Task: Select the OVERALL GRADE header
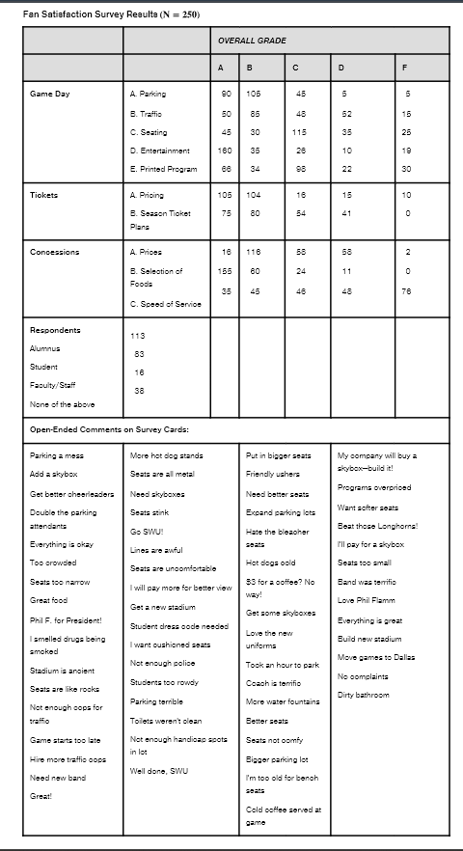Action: point(252,41)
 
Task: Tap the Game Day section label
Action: point(49,94)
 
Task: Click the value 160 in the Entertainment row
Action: point(223,151)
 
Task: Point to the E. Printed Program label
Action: point(163,169)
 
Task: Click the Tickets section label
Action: point(44,195)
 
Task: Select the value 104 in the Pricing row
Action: point(254,195)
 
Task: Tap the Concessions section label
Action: point(54,252)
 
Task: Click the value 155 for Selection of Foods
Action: point(223,271)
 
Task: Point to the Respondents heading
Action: point(55,329)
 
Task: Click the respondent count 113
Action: point(137,337)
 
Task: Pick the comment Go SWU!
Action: point(145,532)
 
